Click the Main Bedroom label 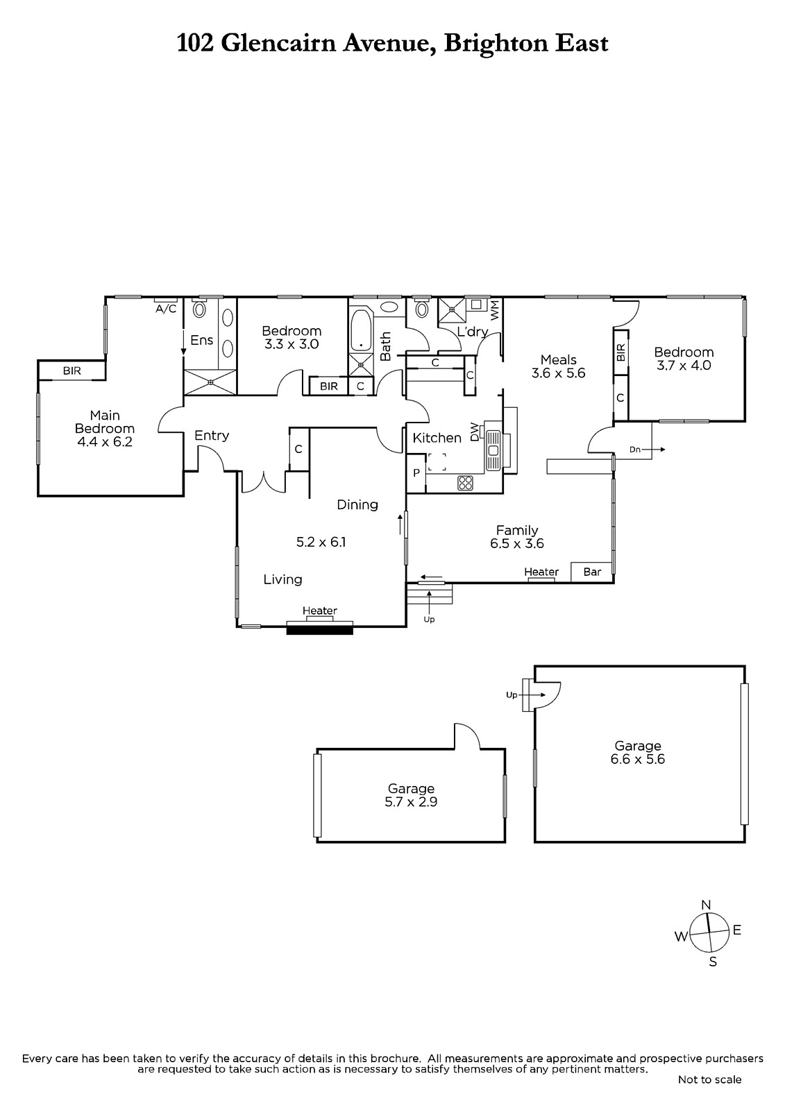coord(105,422)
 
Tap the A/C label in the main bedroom coord(166,309)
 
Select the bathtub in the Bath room coord(361,330)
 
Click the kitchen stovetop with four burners coord(465,483)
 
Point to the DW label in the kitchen coord(475,431)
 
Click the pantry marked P coord(416,473)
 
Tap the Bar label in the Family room coord(592,572)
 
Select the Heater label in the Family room coord(541,572)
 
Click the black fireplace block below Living coord(320,630)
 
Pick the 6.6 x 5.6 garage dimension coord(638,759)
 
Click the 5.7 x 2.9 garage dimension coord(411,802)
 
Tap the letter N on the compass coord(706,905)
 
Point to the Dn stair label coord(635,450)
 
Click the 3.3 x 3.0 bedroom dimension coord(292,344)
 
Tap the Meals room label coord(558,360)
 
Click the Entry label coord(212,436)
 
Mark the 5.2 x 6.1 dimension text coord(321,542)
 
